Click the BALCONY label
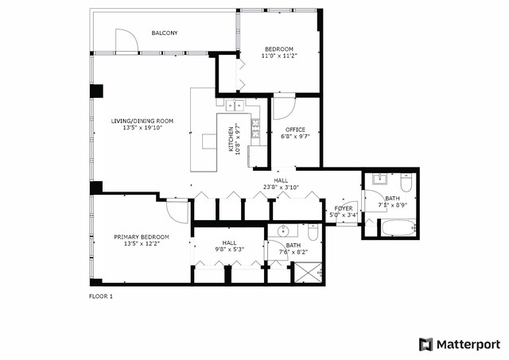(x=165, y=33)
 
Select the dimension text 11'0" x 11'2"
(x=278, y=56)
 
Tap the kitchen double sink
(x=236, y=105)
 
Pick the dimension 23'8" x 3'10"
(x=282, y=188)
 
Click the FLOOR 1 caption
(x=101, y=296)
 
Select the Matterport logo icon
(x=426, y=344)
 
